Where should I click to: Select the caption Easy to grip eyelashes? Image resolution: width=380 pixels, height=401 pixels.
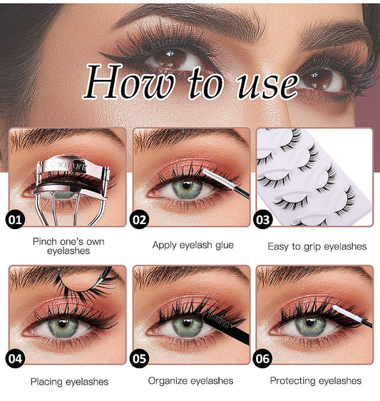[317, 246]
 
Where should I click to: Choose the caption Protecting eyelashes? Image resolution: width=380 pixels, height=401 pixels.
[316, 381]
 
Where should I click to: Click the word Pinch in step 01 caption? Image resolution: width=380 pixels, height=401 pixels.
[46, 241]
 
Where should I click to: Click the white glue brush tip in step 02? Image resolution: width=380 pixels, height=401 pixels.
[212, 174]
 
